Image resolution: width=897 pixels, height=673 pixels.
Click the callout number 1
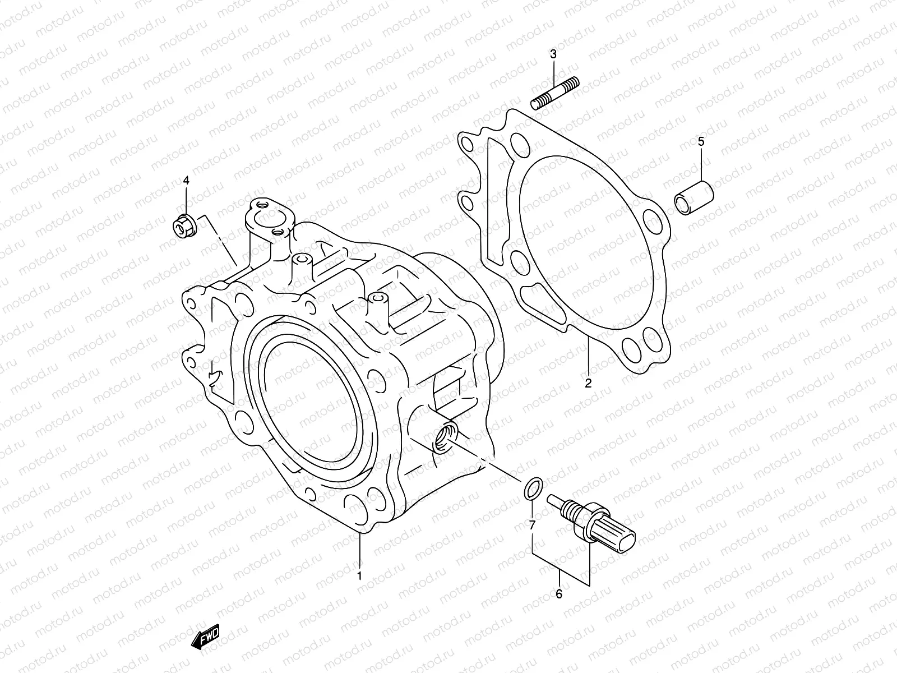[359, 575]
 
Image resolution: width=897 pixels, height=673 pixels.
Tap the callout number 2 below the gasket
[588, 384]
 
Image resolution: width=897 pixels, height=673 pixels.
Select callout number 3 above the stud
[553, 54]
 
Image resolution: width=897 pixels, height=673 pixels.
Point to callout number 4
[186, 180]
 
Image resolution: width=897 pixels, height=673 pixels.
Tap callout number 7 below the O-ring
[532, 525]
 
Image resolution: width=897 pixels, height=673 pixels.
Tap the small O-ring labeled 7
[533, 487]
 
